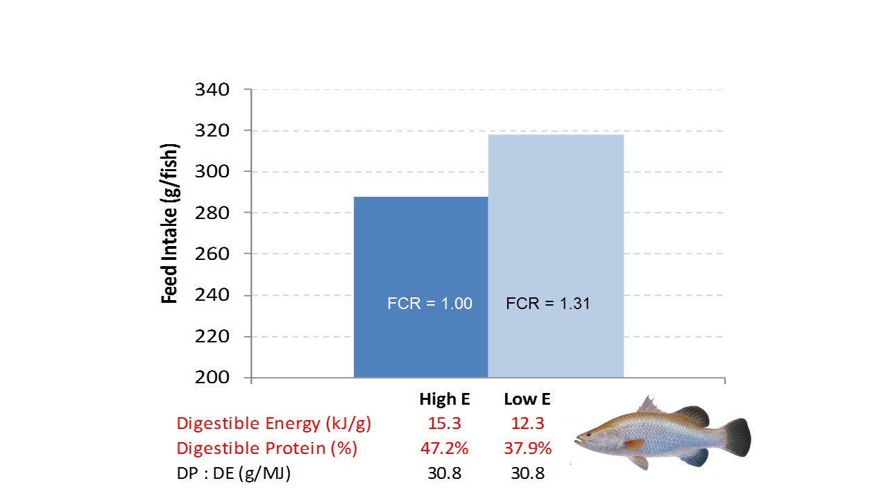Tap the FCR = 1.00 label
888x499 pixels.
(x=429, y=304)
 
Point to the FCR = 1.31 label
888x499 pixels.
(x=548, y=304)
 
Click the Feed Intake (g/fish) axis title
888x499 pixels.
(x=170, y=223)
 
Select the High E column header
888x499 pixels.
(x=445, y=400)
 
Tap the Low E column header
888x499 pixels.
(x=527, y=400)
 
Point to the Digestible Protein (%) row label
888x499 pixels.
(x=267, y=448)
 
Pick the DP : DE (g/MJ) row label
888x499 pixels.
(x=233, y=474)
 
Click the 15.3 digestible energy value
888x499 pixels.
(x=445, y=423)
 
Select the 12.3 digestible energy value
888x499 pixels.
(x=527, y=423)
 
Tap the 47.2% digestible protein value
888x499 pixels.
(x=445, y=448)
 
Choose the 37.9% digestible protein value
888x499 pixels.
(x=527, y=448)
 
